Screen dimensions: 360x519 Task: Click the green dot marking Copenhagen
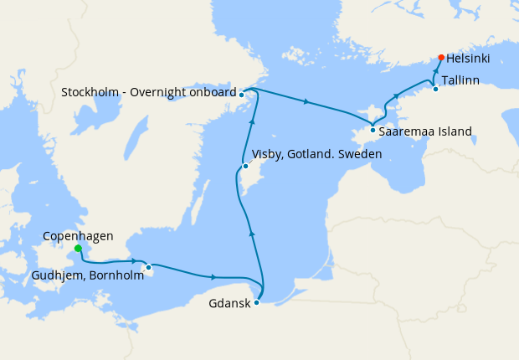tap(78, 249)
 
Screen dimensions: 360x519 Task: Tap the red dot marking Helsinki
tap(441, 58)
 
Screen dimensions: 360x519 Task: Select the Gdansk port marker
tap(256, 302)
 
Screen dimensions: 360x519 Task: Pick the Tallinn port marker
tap(435, 89)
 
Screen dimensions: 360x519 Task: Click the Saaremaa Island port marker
tap(373, 130)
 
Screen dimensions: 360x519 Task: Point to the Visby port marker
tap(245, 167)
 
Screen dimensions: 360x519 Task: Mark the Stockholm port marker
tap(241, 95)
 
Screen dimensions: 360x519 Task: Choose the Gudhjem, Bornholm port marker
tap(148, 268)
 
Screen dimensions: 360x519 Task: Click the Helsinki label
tap(468, 59)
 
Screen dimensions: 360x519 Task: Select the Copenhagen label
tap(78, 236)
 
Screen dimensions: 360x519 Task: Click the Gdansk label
tap(229, 303)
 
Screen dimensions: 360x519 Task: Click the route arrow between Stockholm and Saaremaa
tap(306, 102)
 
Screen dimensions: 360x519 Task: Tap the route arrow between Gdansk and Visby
tap(252, 233)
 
